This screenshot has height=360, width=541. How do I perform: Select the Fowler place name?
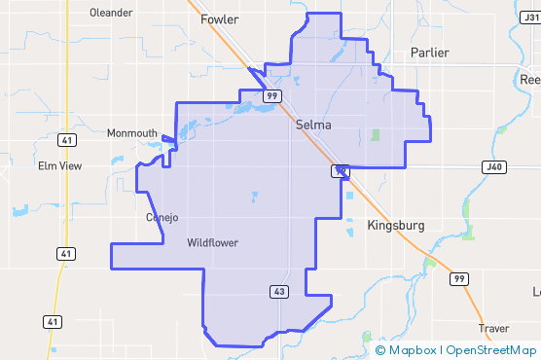click(x=219, y=19)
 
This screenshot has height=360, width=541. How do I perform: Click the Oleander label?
click(x=110, y=13)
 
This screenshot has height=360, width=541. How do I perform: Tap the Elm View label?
click(x=59, y=166)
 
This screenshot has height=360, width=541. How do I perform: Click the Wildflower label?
click(x=212, y=242)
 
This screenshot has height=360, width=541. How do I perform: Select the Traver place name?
click(x=492, y=328)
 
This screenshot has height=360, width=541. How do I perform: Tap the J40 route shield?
click(x=493, y=166)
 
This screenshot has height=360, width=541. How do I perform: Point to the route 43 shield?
click(x=278, y=291)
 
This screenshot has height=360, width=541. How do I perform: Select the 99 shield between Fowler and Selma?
click(x=271, y=95)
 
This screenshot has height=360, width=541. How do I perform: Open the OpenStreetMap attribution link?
click(x=491, y=349)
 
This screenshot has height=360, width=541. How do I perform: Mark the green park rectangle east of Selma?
click(x=376, y=134)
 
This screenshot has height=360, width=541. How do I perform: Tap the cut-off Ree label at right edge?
click(x=530, y=79)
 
